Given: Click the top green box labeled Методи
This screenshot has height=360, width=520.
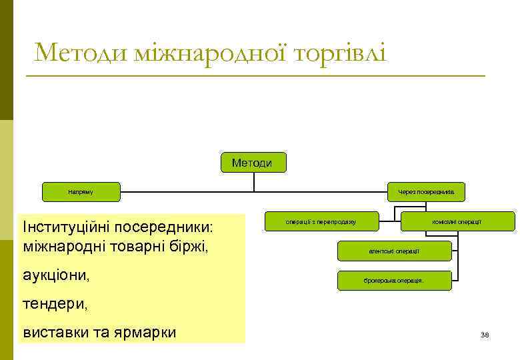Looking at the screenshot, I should tap(251, 162).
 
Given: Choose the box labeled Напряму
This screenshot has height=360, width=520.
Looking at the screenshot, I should tap(81, 192).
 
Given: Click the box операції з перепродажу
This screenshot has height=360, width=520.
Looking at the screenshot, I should tap(321, 221).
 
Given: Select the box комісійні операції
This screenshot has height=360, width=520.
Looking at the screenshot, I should tap(457, 221).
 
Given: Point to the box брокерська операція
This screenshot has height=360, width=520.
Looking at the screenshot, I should tap(393, 281).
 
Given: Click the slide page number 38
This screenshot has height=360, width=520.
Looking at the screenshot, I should tap(485, 334).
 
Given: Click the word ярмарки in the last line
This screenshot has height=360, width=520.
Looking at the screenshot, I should tap(145, 332).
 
